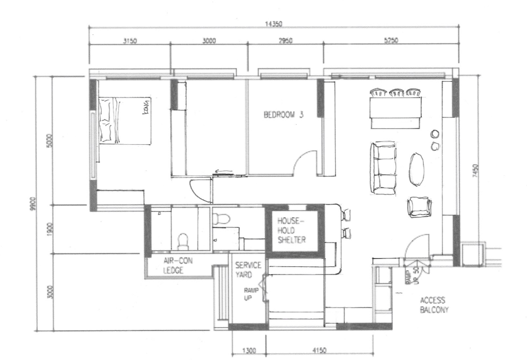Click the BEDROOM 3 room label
pos(284,115)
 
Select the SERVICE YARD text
pos(247,270)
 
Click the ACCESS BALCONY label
pos(433,305)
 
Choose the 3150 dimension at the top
pos(130,41)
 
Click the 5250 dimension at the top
pos(390,41)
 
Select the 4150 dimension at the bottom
pos(319,351)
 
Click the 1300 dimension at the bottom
pos(249,351)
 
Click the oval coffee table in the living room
pos(417,169)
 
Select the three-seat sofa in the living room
pos(384,168)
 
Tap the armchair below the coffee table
pos(419,207)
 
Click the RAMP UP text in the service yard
pos(251,293)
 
